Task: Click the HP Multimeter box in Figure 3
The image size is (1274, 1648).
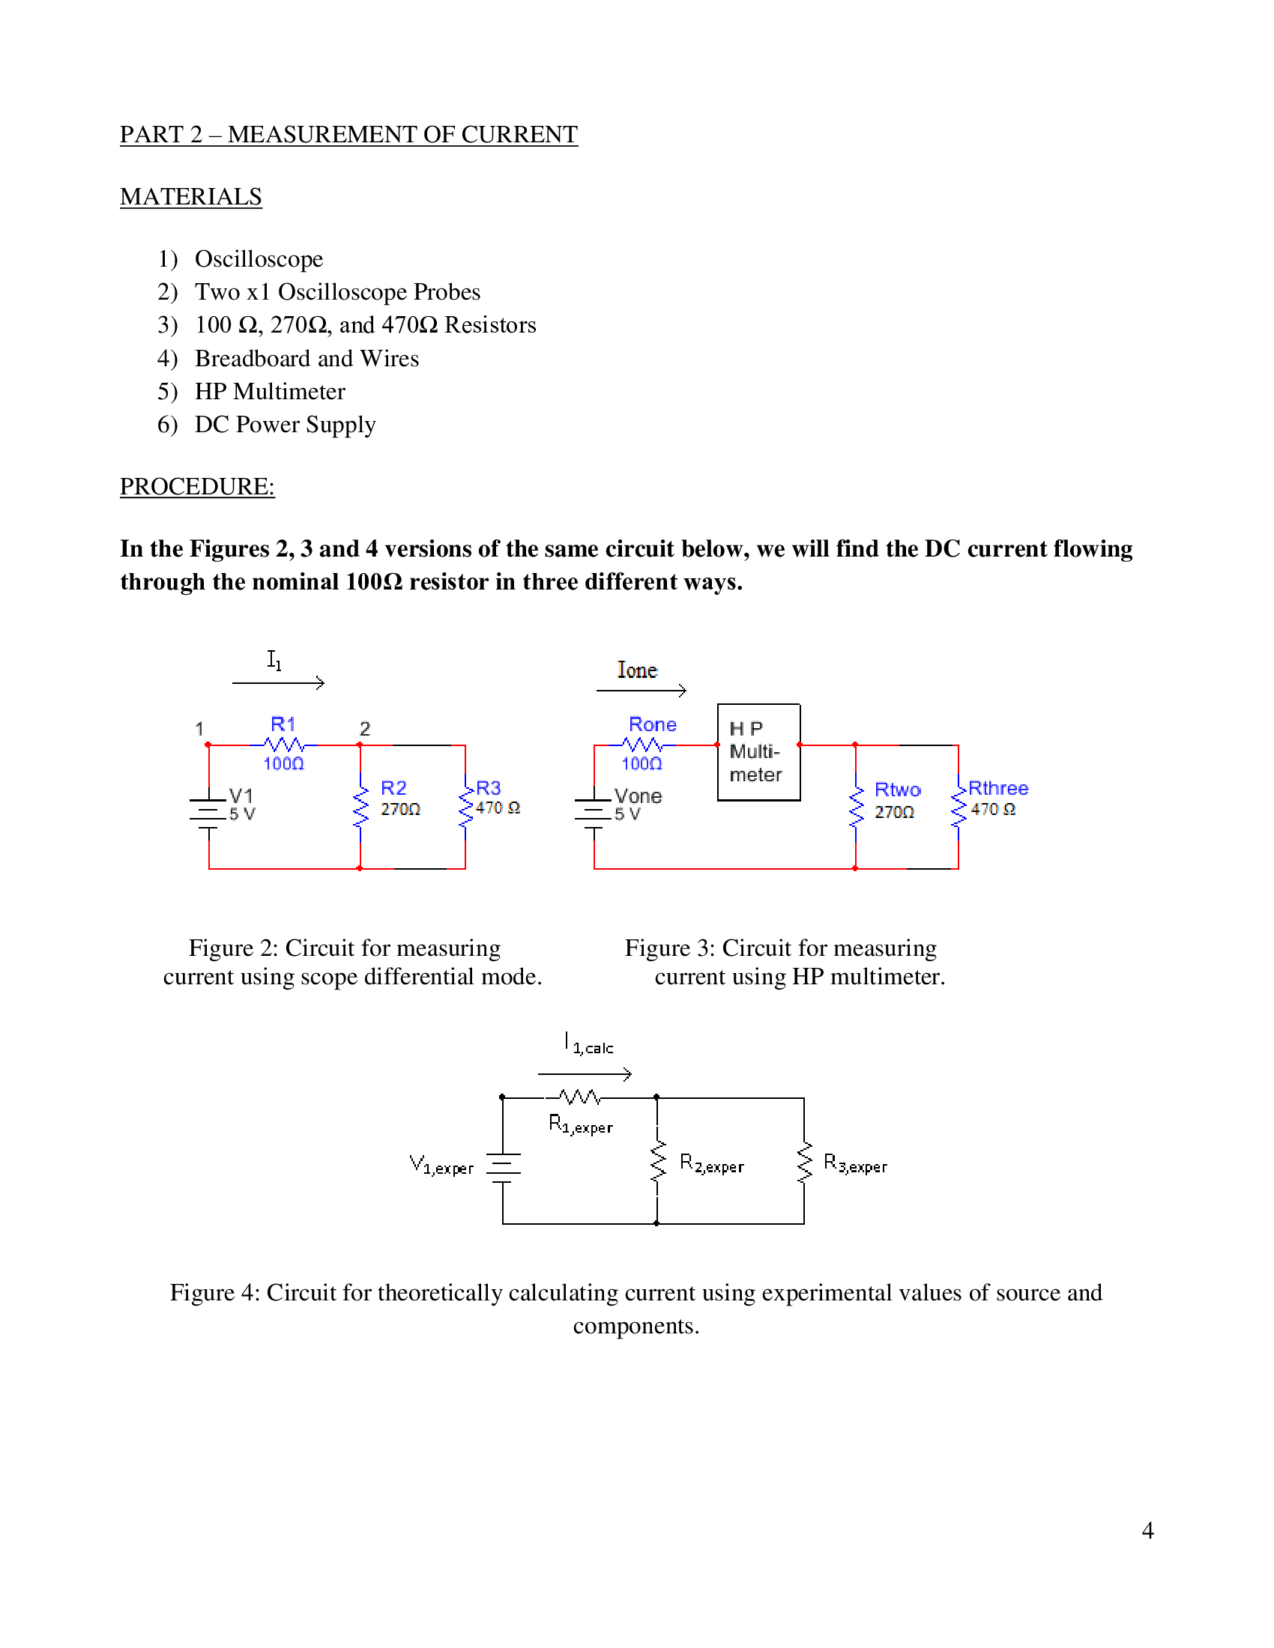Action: (x=758, y=751)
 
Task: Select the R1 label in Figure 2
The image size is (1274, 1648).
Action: (x=283, y=724)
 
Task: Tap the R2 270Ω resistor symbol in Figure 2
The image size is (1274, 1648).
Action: (x=360, y=806)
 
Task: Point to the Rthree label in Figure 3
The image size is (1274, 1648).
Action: (x=997, y=788)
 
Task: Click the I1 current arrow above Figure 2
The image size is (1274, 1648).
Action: (x=279, y=683)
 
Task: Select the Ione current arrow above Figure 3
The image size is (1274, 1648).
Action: (x=641, y=690)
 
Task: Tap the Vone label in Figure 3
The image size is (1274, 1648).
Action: (x=638, y=796)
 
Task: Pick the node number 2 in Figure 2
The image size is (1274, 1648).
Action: (x=364, y=729)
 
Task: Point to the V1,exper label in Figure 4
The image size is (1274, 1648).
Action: (x=441, y=1165)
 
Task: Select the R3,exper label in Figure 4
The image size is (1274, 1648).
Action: (x=855, y=1163)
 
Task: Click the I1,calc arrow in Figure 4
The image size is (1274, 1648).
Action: (x=585, y=1073)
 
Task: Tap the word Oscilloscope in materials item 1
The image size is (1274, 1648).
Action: (x=259, y=259)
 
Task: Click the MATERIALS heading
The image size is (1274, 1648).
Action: (x=191, y=197)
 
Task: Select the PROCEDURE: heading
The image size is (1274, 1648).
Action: (x=197, y=487)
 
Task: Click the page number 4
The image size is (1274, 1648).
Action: (x=1147, y=1530)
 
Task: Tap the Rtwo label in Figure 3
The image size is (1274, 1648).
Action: (x=897, y=790)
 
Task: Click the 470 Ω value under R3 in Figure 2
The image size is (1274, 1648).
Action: (x=498, y=808)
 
